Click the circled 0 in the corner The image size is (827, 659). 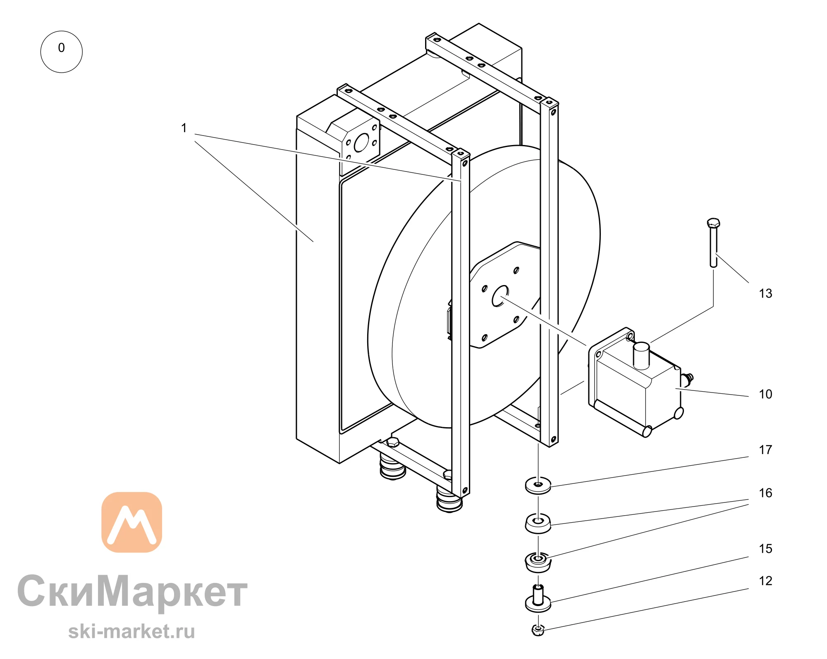(61, 52)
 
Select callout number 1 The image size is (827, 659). (184, 128)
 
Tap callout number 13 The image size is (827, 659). (765, 293)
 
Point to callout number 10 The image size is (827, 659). (765, 394)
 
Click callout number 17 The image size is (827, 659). (765, 450)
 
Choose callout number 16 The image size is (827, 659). (765, 493)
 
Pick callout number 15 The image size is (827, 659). (765, 549)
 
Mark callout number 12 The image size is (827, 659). (765, 581)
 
